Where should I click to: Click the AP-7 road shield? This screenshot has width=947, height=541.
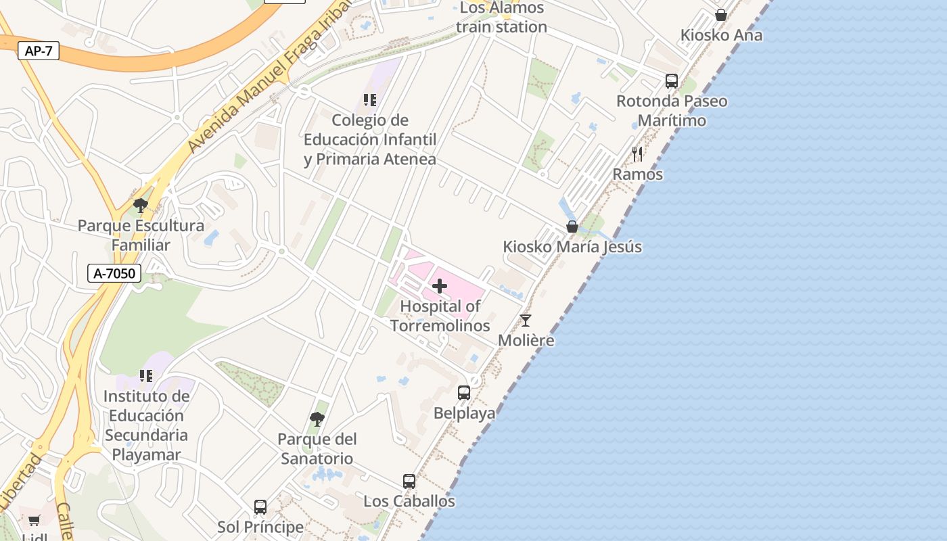(x=39, y=51)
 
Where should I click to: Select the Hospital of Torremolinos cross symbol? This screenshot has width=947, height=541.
(x=440, y=286)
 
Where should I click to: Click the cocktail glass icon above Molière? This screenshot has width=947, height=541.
(x=526, y=321)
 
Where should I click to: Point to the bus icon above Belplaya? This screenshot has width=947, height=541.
(x=464, y=393)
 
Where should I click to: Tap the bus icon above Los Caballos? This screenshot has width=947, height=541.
(x=409, y=481)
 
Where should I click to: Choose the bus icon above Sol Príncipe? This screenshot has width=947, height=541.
(x=260, y=507)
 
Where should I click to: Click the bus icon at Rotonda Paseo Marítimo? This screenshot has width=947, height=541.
(x=672, y=81)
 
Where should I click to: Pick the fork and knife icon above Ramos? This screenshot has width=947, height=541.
(x=637, y=154)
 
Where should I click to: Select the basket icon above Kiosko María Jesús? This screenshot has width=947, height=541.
(x=572, y=227)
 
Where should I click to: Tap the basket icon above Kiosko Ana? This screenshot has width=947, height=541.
(x=721, y=15)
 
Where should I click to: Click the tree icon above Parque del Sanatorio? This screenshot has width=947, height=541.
(x=317, y=419)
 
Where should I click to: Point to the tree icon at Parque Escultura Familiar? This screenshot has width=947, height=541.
(x=141, y=206)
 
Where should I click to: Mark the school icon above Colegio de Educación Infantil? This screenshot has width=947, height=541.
(x=369, y=100)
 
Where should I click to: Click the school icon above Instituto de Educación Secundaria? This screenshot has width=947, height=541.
(x=146, y=375)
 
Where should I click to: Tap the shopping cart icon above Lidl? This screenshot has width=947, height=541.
(x=34, y=520)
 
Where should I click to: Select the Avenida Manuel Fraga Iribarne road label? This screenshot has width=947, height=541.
(x=267, y=78)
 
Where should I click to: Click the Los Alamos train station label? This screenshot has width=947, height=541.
(x=501, y=18)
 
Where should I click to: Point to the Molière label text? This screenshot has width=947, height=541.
(x=526, y=340)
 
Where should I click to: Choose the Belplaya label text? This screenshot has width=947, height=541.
(x=465, y=413)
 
